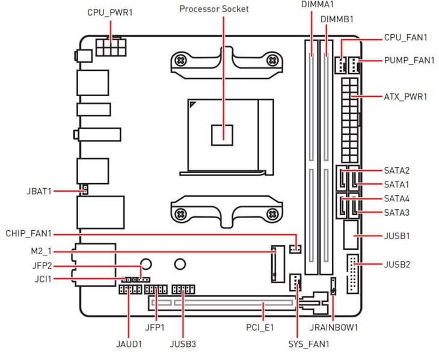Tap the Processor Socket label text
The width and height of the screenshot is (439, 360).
[213, 9]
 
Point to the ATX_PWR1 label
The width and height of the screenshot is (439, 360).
[405, 96]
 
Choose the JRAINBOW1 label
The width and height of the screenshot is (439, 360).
[334, 328]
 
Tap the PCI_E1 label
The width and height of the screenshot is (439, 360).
[261, 328]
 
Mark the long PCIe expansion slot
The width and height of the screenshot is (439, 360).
[223, 305]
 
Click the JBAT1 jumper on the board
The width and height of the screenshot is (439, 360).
[85, 191]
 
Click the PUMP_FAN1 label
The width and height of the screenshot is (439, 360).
[409, 60]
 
